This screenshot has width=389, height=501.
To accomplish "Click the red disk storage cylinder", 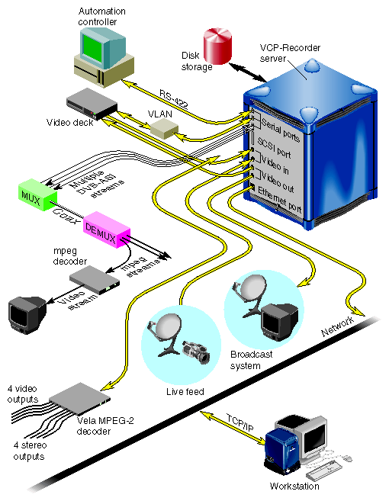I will click(218, 47).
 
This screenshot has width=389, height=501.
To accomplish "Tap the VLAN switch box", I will click(162, 128).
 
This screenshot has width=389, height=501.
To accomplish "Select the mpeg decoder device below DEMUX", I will click(95, 278).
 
